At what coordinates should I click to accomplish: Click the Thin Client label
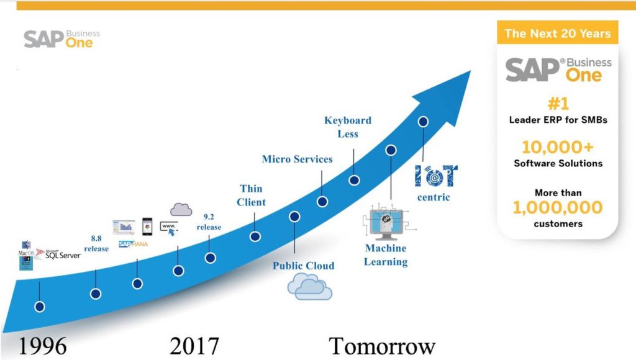tap(251, 195)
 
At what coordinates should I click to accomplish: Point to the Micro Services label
tap(297, 159)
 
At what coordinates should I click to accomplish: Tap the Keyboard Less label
tap(347, 127)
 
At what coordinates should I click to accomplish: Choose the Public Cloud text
tap(304, 266)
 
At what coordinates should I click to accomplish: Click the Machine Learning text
tap(385, 254)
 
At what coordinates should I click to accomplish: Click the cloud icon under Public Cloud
tap(309, 286)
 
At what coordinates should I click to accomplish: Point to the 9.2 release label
tap(209, 222)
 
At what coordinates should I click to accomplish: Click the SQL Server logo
tap(59, 254)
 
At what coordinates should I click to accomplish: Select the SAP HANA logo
tap(133, 244)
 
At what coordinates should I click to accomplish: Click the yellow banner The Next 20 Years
tap(558, 34)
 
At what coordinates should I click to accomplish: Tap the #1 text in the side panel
tap(558, 102)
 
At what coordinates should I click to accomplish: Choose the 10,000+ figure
tap(558, 147)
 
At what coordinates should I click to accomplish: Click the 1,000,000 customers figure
tap(558, 207)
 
